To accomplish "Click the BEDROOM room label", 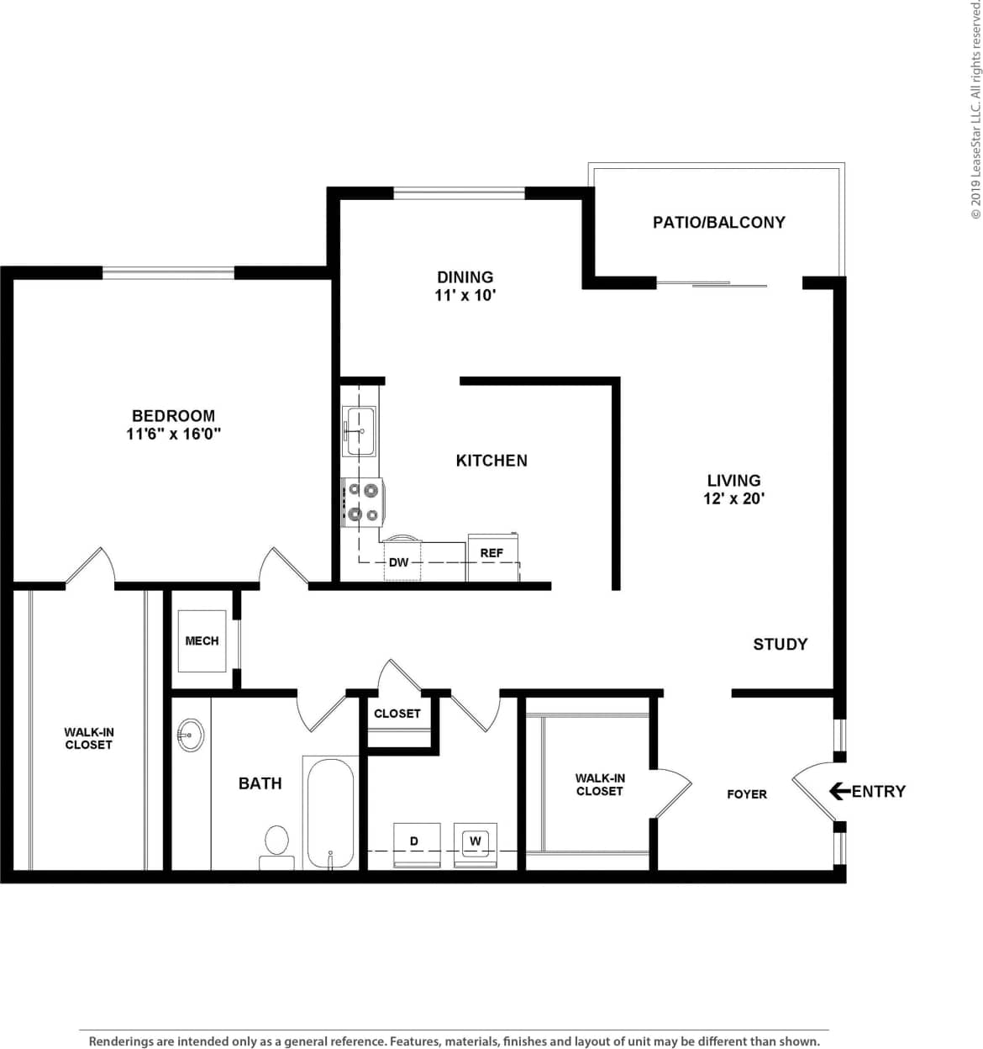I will (173, 415).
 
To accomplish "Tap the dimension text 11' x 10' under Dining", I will (465, 295).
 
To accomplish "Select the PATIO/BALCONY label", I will (718, 222).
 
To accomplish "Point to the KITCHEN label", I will (491, 460).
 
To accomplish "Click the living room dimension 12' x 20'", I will (733, 498).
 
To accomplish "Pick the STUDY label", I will (780, 644).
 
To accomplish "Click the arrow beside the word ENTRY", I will (838, 791).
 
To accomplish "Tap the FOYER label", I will (747, 793).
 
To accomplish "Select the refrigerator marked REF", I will (492, 557).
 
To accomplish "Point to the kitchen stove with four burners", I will (363, 502).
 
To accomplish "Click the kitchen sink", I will (360, 430).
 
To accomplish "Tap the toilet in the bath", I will (276, 844).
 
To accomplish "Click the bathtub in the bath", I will (330, 812).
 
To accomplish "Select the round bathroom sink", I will (191, 735).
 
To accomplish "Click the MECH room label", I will (202, 640).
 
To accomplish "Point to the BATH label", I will (260, 783).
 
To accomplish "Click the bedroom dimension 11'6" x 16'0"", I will (173, 434).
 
